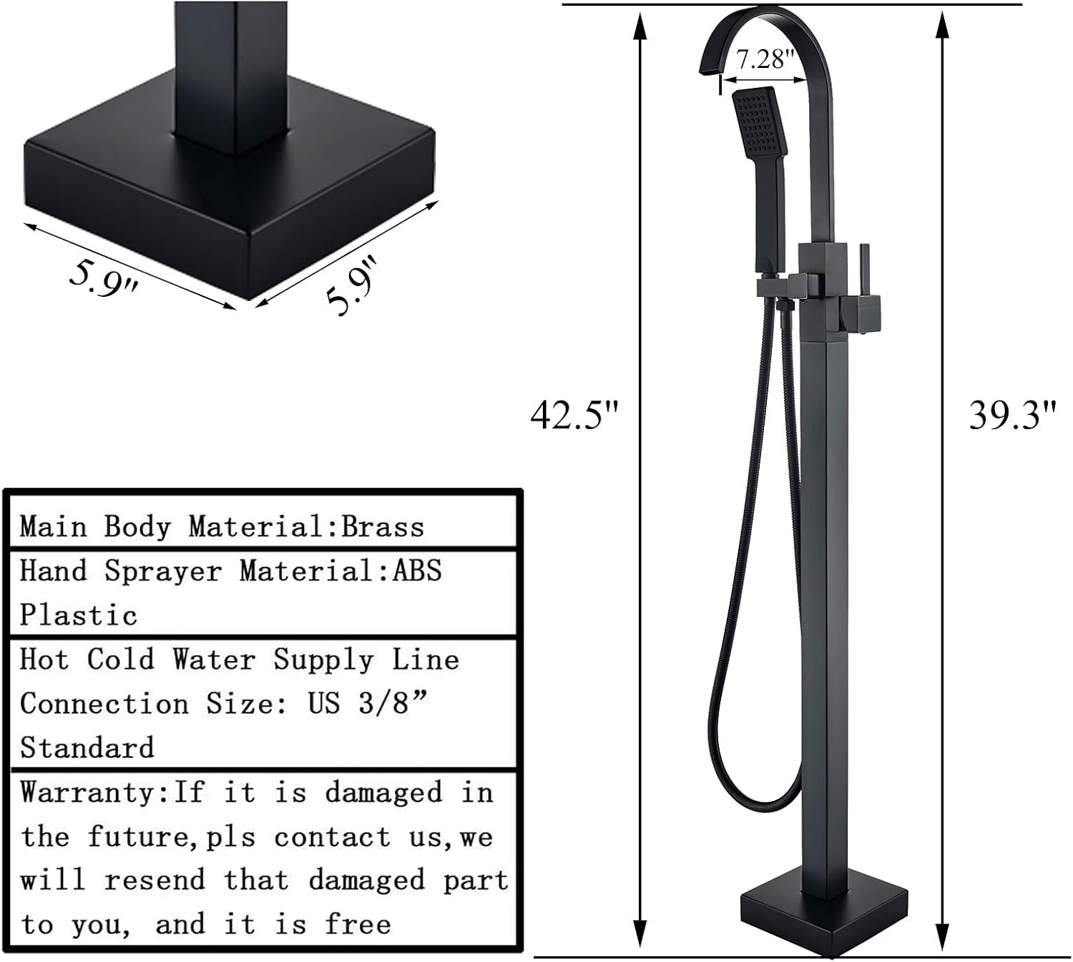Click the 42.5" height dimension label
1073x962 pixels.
(x=573, y=415)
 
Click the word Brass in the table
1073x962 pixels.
(x=383, y=527)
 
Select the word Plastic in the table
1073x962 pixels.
(x=78, y=615)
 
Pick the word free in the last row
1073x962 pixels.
(x=358, y=924)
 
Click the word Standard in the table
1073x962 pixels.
(x=87, y=748)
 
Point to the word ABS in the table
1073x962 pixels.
(x=417, y=571)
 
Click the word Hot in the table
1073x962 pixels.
(x=44, y=659)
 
